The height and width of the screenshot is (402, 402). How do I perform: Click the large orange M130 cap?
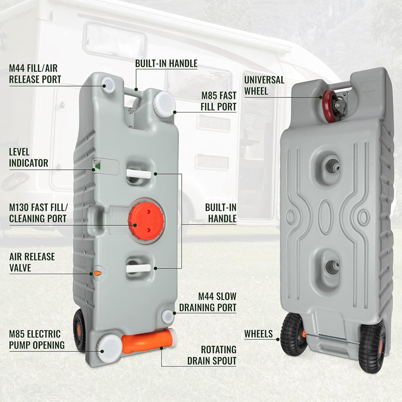pyautogui.click(x=146, y=221)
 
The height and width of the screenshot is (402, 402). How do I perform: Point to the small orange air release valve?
pyautogui.click(x=97, y=273)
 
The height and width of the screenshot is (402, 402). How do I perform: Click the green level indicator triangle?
pyautogui.click(x=97, y=167)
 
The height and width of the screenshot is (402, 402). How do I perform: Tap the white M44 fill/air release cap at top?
pyautogui.click(x=109, y=85)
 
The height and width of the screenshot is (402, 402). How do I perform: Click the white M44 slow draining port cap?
pyautogui.click(x=168, y=317)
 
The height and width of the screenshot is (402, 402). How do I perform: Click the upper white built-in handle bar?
pyautogui.click(x=139, y=174)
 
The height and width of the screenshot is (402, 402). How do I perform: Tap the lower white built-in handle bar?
pyautogui.click(x=139, y=268)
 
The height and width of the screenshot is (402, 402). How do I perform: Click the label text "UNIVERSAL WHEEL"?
pyautogui.click(x=264, y=85)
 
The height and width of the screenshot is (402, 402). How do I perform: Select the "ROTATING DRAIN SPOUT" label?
pyautogui.click(x=212, y=355)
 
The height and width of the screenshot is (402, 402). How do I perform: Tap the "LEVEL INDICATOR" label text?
pyautogui.click(x=29, y=157)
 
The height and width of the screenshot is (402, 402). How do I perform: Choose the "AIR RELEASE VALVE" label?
pyautogui.click(x=32, y=262)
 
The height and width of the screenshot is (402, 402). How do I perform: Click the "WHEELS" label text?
pyautogui.click(x=258, y=334)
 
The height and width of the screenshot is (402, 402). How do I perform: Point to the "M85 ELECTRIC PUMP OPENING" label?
pyautogui.click(x=37, y=340)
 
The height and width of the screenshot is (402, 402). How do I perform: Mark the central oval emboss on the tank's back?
pyautogui.click(x=326, y=217)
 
